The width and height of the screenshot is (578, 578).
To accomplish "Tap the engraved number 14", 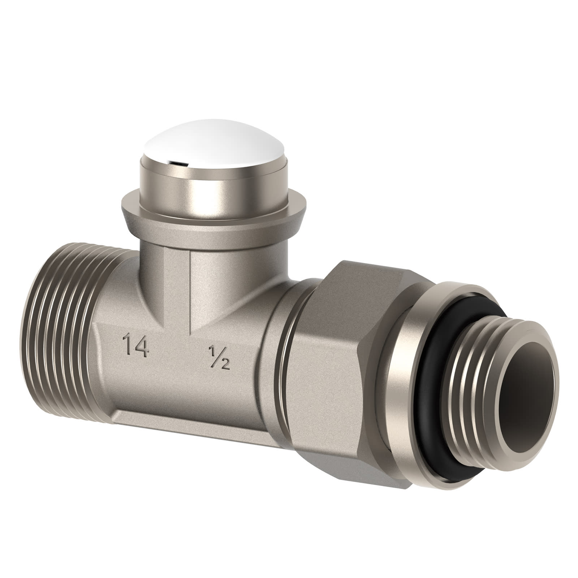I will click(x=135, y=346).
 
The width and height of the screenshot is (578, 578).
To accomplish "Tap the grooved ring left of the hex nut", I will click(x=285, y=361).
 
